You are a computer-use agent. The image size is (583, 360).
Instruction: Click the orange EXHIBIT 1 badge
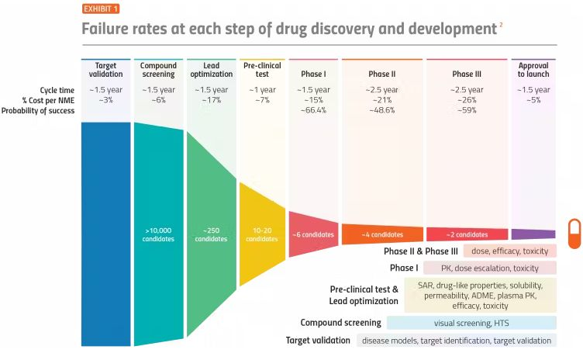pos(101,9)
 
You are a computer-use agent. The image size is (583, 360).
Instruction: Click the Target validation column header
pos(105,70)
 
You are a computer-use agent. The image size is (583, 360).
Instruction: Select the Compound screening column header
pos(158,70)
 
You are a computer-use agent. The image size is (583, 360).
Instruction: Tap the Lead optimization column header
pos(211,70)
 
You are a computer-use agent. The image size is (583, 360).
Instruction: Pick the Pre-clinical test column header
pos(262,70)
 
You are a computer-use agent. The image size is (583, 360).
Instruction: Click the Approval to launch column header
pos(533,70)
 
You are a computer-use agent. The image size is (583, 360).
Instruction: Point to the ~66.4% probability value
pos(312,110)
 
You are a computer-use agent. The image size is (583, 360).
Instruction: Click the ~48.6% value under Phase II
pos(382,110)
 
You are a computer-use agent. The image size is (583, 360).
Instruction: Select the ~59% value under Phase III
pos(467,110)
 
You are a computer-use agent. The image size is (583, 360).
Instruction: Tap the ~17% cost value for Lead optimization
pos(211,100)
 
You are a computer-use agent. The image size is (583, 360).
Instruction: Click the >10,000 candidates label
pos(158,234)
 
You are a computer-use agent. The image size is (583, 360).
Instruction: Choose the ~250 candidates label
pos(211,234)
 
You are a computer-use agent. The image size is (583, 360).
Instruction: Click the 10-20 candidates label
pos(262,234)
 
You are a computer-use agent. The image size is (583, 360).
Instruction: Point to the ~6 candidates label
pos(312,234)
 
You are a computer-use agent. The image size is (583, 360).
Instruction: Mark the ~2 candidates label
pos(467,234)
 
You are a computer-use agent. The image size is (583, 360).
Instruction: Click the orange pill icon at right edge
pos(574,234)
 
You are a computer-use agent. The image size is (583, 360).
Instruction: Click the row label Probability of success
pos(38,110)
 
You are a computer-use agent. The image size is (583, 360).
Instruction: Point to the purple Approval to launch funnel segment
pos(533,234)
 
